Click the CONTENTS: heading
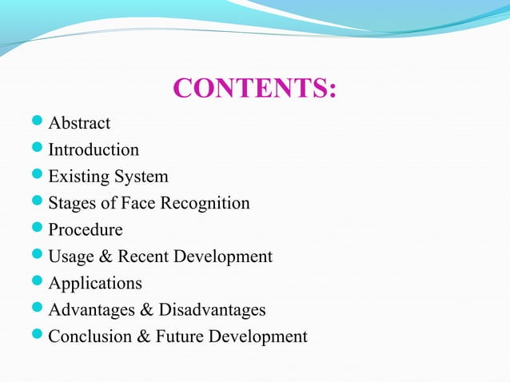(x=254, y=89)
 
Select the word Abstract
(x=79, y=123)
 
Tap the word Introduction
(x=94, y=149)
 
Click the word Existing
(x=78, y=177)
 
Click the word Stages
(x=73, y=203)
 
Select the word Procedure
(x=86, y=230)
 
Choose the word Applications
(x=95, y=284)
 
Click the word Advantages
(x=94, y=310)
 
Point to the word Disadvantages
(x=212, y=310)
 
